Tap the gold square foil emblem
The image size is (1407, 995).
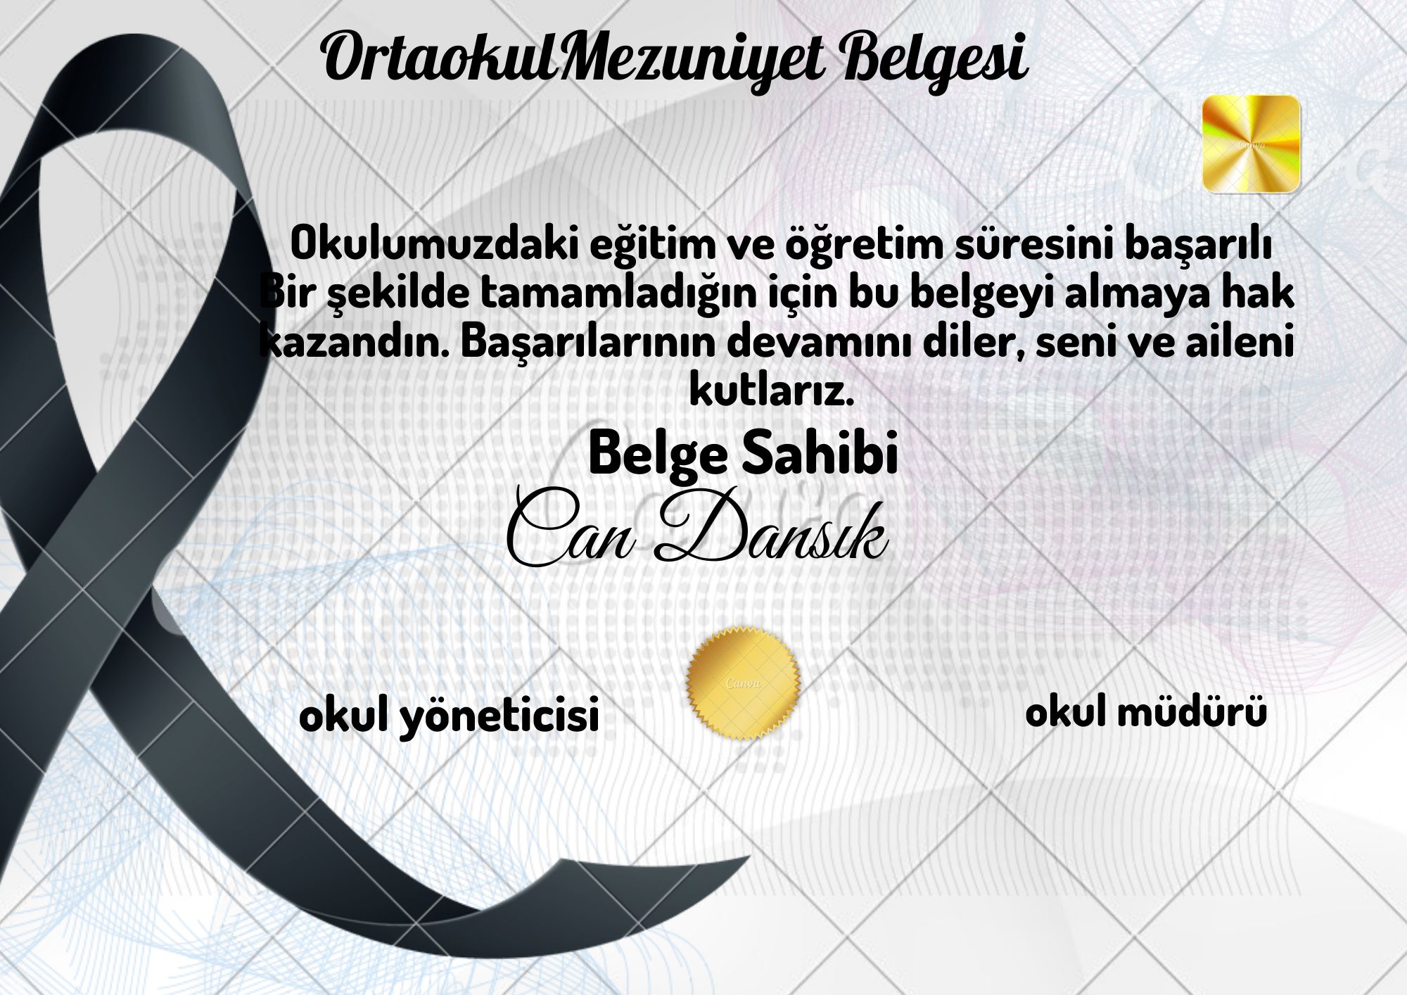(x=1251, y=144)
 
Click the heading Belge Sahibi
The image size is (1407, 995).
(x=743, y=455)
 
